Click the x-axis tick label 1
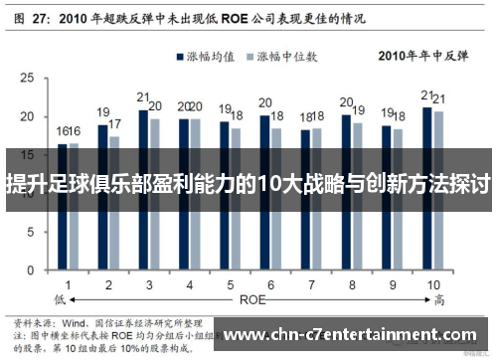(68, 285)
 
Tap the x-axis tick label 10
(434, 285)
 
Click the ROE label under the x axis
(250, 298)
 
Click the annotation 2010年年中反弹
(421, 57)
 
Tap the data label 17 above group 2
(115, 124)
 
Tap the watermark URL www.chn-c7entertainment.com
(353, 334)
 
